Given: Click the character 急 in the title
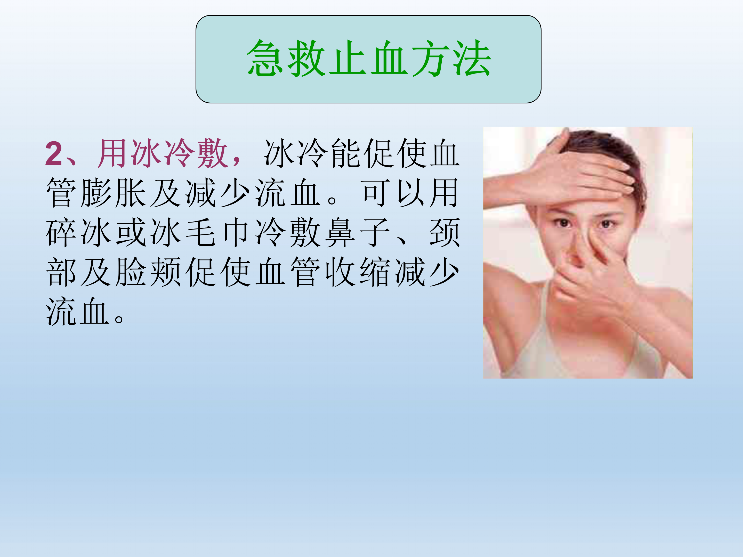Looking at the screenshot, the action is pos(265,58).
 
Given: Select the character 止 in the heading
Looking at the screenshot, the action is pos(348,58).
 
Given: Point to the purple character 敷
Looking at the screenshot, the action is pos(213,153).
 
